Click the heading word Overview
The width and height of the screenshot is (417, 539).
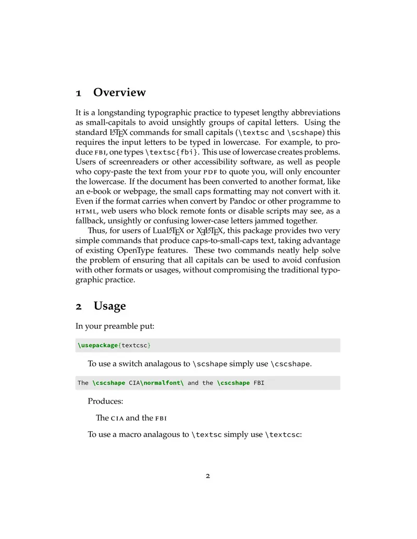point(119,93)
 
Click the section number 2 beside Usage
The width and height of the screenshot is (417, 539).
point(78,306)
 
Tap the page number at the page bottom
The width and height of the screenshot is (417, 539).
point(208,475)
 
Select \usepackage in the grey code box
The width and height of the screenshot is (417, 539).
point(98,345)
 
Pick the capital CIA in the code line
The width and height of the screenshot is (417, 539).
point(134,383)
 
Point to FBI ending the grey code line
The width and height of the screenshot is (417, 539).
point(259,383)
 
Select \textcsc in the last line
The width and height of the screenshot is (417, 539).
point(283,434)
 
